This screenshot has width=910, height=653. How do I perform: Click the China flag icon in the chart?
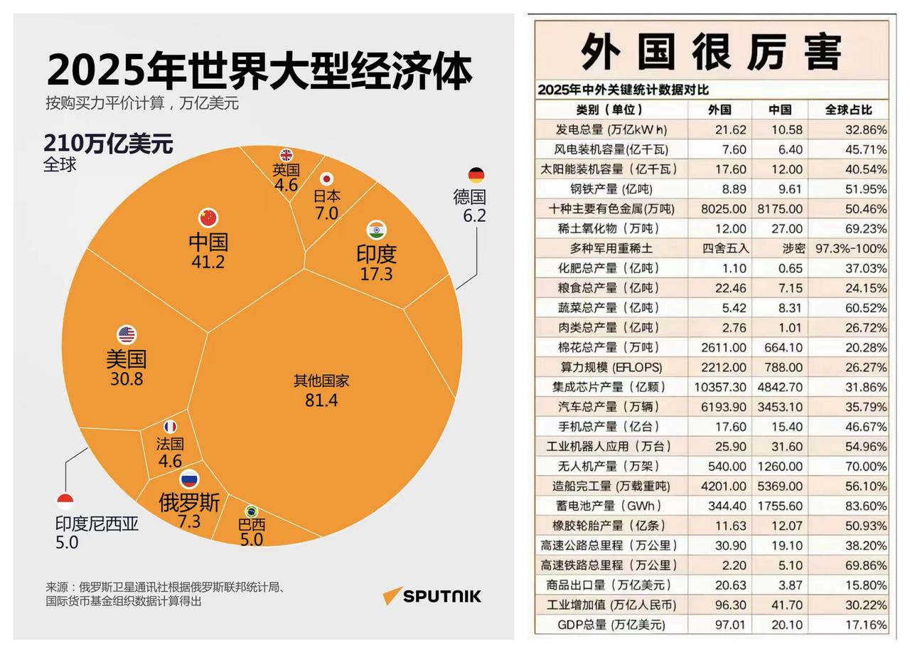208,218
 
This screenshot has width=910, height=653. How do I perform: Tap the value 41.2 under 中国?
208,261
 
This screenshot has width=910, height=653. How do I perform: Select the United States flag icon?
127,334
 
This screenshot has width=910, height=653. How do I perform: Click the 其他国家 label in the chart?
321,380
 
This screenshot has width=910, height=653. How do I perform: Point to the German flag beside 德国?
476,175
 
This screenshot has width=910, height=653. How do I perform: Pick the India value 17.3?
376,273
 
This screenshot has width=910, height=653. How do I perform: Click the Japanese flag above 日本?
326,179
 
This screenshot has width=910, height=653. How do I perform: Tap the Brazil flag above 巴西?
251,511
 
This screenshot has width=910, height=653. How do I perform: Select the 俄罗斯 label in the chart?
189,503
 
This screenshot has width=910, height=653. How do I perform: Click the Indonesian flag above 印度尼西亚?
65,501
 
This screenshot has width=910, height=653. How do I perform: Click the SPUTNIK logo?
432,595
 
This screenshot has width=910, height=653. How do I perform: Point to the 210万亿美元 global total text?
108,144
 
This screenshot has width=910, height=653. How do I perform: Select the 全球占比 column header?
848,110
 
